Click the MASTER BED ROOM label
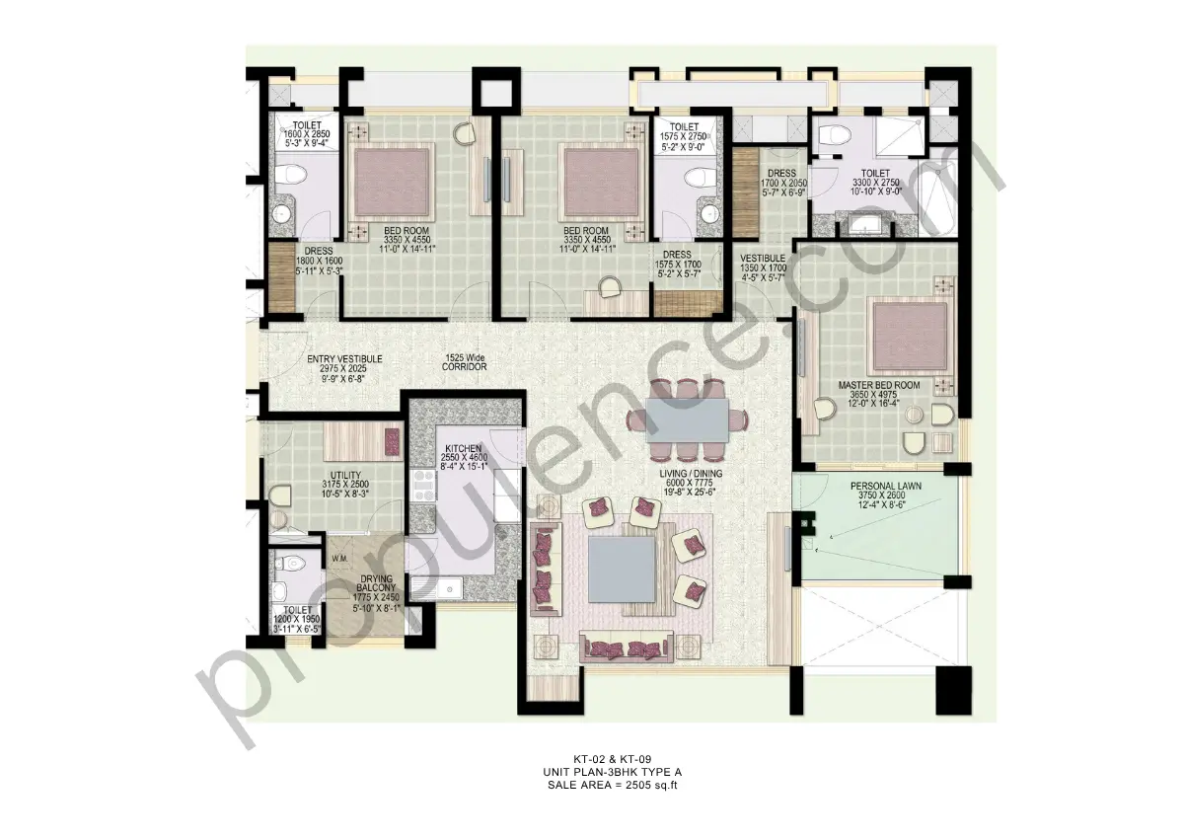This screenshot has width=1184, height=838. [878, 385]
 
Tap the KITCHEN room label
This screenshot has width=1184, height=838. [463, 448]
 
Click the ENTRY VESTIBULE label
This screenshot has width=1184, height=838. [344, 359]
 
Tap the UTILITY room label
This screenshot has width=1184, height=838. [344, 475]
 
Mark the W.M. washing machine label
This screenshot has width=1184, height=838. [341, 559]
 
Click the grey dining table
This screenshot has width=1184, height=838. [687, 418]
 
